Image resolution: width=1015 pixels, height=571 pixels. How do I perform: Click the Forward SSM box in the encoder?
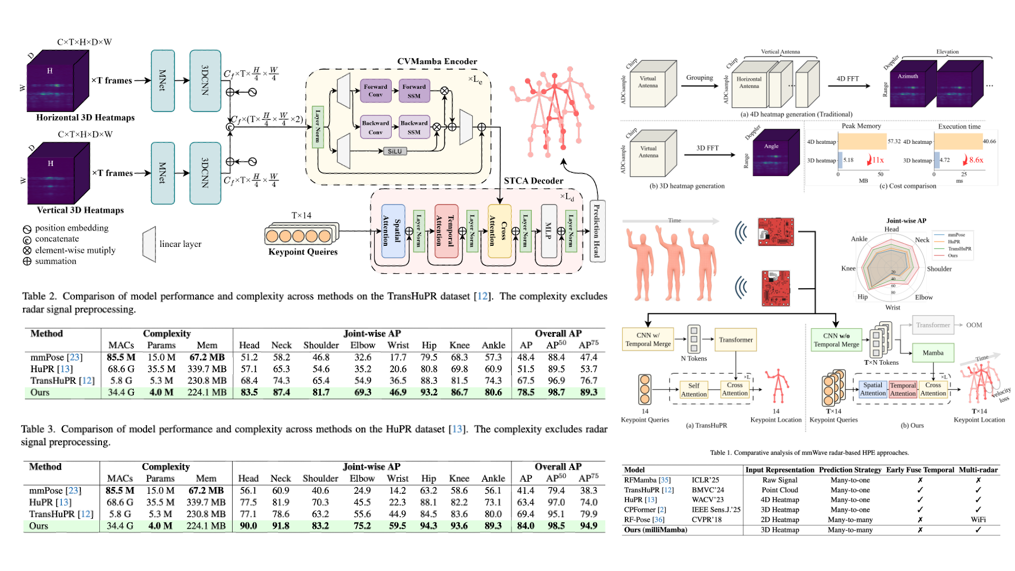[414, 91]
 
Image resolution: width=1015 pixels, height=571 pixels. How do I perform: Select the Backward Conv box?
[375, 127]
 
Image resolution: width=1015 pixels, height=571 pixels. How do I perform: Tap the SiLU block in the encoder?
[394, 151]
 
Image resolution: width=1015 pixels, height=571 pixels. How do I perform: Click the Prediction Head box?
[597, 231]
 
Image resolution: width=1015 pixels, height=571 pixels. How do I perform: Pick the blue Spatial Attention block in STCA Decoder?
[393, 231]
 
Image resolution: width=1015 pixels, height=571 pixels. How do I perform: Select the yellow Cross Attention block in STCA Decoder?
[499, 231]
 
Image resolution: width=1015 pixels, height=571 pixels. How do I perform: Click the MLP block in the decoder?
[549, 231]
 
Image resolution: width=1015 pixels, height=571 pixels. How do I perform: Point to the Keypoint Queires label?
[303, 252]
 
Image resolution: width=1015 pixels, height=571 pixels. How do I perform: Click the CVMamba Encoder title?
[437, 61]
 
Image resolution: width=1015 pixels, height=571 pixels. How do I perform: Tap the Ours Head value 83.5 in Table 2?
[249, 392]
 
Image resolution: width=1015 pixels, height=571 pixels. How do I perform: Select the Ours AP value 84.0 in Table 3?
[525, 526]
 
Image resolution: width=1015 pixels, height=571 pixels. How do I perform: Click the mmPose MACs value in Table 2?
[121, 357]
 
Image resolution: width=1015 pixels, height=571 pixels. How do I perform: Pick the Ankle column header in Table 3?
[493, 478]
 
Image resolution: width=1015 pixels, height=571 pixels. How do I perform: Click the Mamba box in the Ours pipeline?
[933, 353]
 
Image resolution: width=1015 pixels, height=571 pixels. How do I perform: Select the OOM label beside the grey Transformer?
[974, 325]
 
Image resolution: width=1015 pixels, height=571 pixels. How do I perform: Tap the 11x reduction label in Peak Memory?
[878, 160]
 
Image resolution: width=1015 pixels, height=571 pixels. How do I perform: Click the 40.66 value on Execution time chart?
[989, 141]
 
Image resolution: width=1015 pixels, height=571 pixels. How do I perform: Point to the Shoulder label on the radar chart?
[939, 269]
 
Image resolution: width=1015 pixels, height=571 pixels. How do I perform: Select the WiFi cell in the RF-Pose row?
[978, 520]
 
